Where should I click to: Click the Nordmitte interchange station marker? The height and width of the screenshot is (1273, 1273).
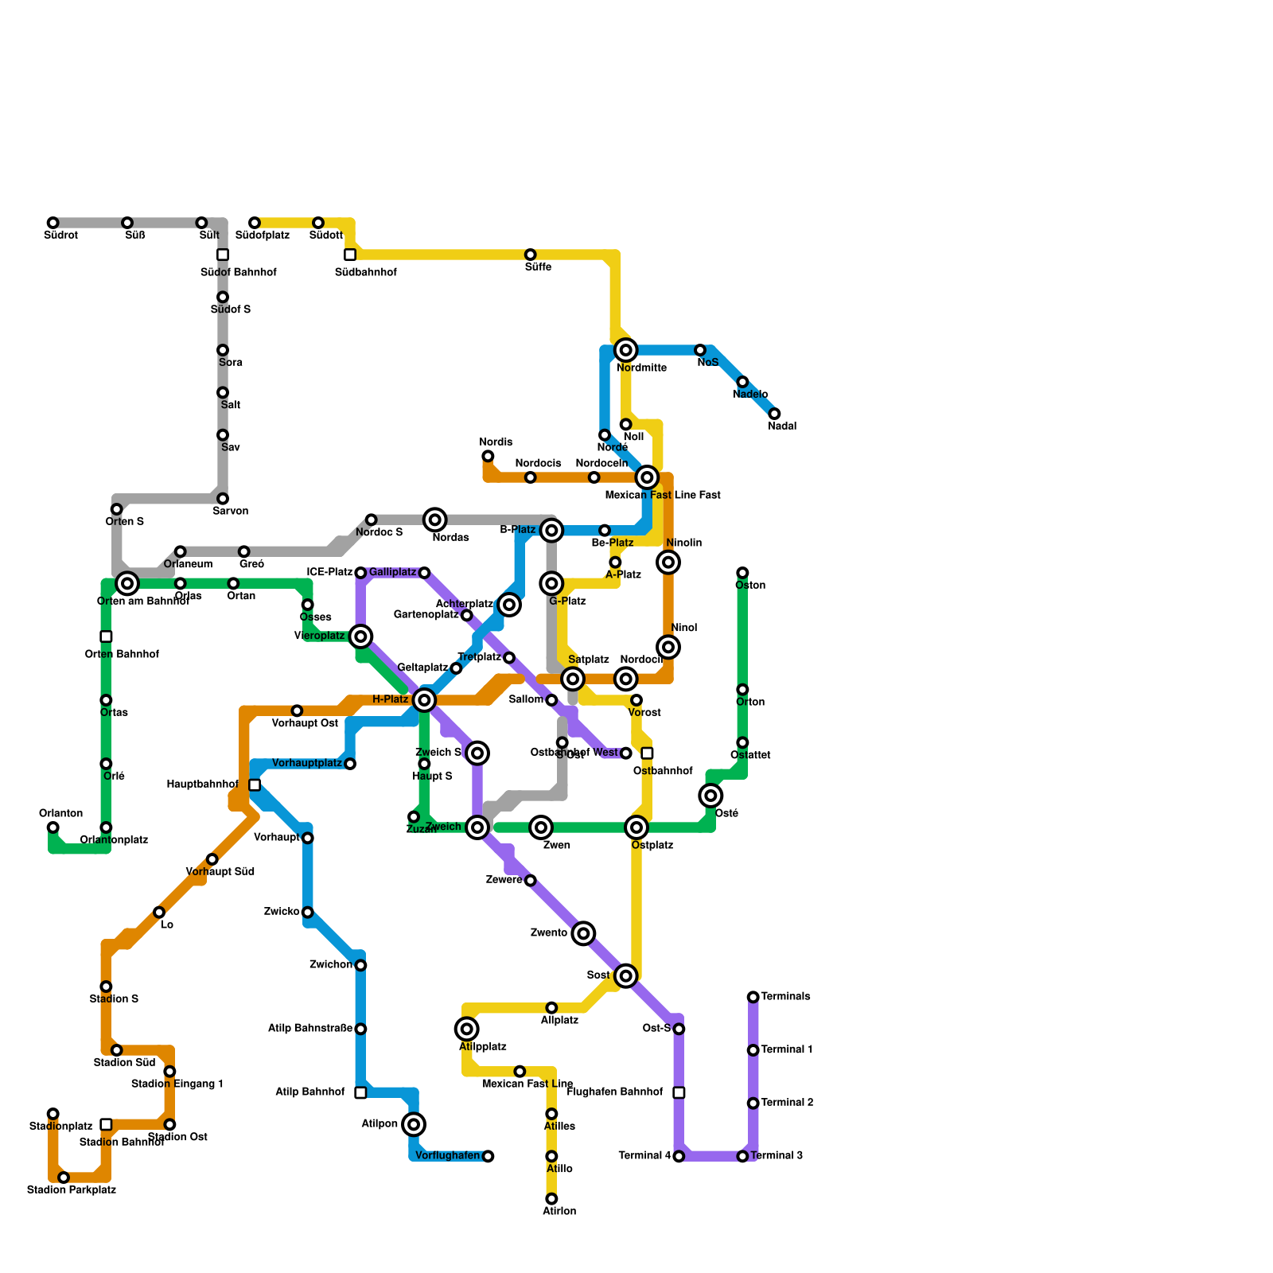(626, 350)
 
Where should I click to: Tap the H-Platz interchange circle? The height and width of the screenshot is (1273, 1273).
(425, 700)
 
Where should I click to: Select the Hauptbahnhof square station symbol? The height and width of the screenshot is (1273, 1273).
(255, 785)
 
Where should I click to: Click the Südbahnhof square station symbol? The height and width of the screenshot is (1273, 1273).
(350, 255)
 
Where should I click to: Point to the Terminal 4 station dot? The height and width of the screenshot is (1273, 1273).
(679, 1156)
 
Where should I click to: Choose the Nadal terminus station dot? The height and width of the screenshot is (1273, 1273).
(774, 414)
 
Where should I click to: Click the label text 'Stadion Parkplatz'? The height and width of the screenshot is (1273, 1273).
(72, 1190)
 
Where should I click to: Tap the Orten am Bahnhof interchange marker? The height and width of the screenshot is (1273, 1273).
(127, 583)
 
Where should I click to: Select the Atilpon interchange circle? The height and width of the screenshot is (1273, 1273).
(414, 1124)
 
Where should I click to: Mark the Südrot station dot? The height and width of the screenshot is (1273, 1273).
(53, 223)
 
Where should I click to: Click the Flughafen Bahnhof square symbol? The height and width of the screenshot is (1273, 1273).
(679, 1092)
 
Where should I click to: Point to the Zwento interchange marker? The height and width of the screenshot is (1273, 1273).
(584, 933)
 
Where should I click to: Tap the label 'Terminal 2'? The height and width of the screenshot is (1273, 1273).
(787, 1103)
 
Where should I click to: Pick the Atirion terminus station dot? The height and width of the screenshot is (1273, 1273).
(551, 1199)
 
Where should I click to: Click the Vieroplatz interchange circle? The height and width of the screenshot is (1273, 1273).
(361, 636)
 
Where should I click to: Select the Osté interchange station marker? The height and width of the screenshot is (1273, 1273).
(711, 796)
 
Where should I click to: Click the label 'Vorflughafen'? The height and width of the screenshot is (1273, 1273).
(447, 1156)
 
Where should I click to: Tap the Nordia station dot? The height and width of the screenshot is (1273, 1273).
(488, 456)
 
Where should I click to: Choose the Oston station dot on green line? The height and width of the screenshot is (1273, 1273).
(742, 573)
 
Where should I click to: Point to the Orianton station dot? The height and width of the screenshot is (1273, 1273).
(53, 827)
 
